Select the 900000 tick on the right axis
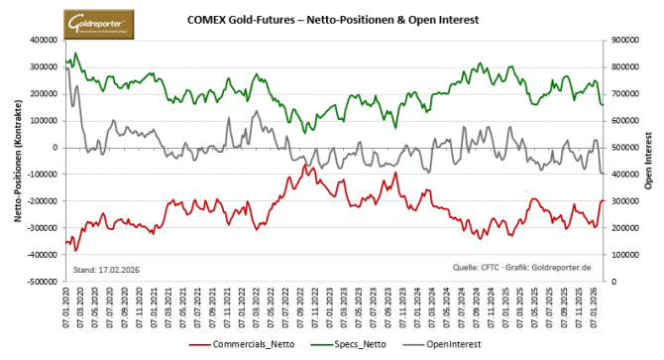pos(624,41)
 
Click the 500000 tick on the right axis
pos(624,148)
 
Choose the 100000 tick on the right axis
pos(624,255)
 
